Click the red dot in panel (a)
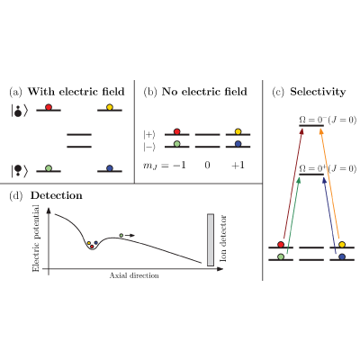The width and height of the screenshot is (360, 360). tap(49, 107)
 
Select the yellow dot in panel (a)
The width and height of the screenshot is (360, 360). tap(110, 107)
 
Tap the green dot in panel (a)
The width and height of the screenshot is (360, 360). tap(49, 168)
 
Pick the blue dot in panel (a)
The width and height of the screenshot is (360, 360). tap(110, 168)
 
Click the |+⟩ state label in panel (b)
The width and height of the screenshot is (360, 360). tap(149, 135)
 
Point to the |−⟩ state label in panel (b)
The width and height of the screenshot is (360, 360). tap(149, 147)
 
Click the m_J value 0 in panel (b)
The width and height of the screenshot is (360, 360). tap(207, 165)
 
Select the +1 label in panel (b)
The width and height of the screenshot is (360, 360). tap(238, 165)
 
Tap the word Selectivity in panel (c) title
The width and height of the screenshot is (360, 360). tap(318, 92)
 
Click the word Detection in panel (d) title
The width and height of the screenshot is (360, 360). tap(57, 195)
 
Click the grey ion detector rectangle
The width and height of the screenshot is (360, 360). tap(211, 239)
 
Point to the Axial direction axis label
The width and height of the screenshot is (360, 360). tap(134, 275)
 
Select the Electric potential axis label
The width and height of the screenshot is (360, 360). tap(36, 238)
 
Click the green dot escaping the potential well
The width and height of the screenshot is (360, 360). tap(121, 236)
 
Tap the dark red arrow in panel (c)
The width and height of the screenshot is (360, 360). tap(292, 184)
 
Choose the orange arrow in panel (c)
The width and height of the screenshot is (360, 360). tap(329, 184)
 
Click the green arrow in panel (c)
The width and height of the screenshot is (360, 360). tap(292, 215)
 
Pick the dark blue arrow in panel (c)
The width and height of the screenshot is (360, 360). tap(329, 215)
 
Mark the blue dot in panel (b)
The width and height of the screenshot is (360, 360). tap(238, 144)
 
